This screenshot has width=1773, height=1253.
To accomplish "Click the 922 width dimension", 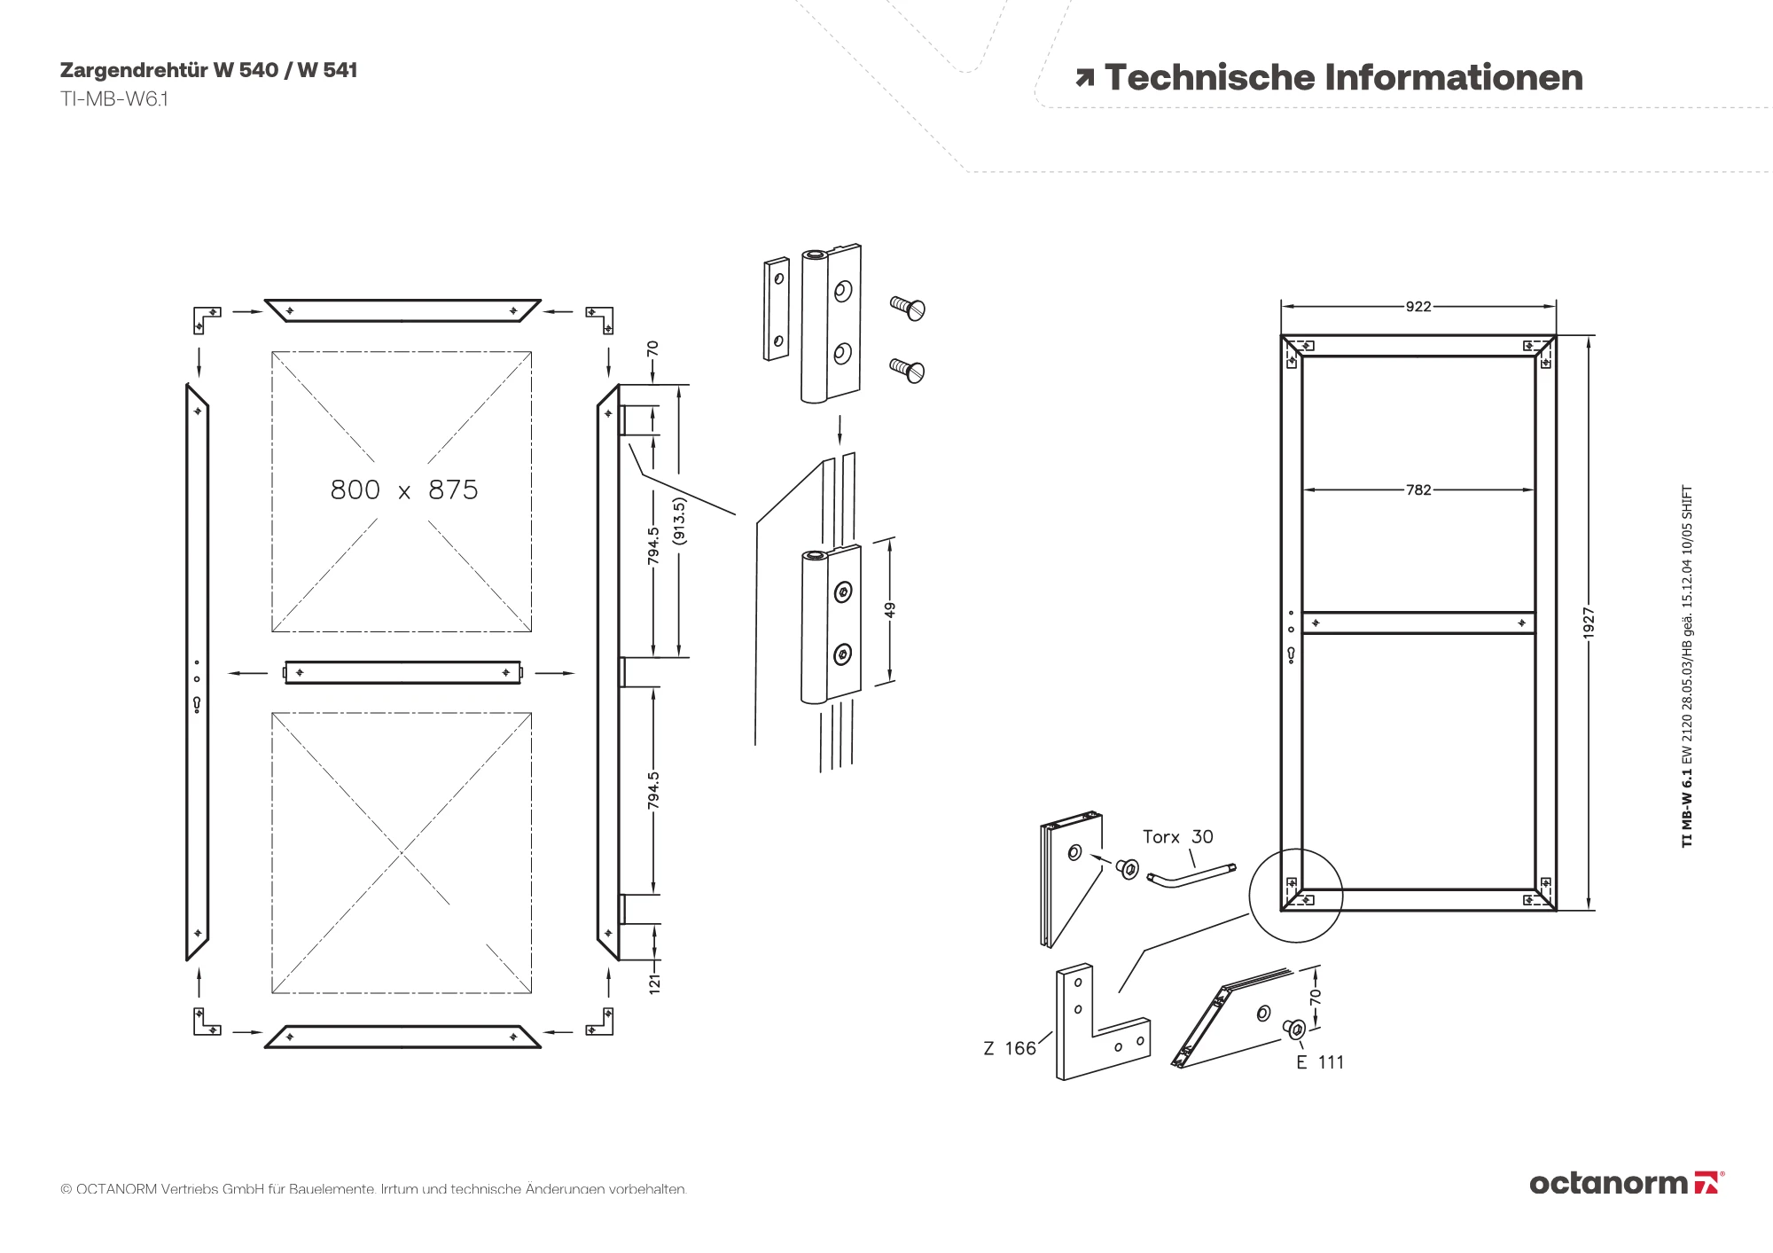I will tap(1418, 307).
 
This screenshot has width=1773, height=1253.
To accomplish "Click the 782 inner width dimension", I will tap(1418, 489).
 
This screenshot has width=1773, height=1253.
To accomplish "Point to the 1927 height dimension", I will tap(1589, 623).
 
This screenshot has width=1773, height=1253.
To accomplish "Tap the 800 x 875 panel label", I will tap(403, 489).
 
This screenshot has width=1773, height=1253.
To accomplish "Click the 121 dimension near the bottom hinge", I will tap(654, 983).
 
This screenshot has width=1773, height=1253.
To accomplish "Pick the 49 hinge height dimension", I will tap(890, 610).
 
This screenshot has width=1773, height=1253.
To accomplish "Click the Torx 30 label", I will tap(1177, 836).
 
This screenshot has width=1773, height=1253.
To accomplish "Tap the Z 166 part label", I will tap(1010, 1048).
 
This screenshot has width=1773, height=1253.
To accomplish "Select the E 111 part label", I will tap(1320, 1062).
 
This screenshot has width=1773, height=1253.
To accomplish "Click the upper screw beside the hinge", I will tap(908, 308).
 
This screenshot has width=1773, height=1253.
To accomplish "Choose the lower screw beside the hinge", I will tap(908, 369).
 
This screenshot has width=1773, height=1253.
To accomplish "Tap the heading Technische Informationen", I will tap(1342, 78).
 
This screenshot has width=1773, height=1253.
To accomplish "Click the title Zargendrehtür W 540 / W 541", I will tap(208, 70).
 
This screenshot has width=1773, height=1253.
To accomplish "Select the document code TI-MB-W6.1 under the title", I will tap(113, 98).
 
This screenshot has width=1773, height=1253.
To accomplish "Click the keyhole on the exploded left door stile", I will tap(197, 704).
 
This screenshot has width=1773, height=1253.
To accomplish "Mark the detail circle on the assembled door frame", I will tap(1296, 896).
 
